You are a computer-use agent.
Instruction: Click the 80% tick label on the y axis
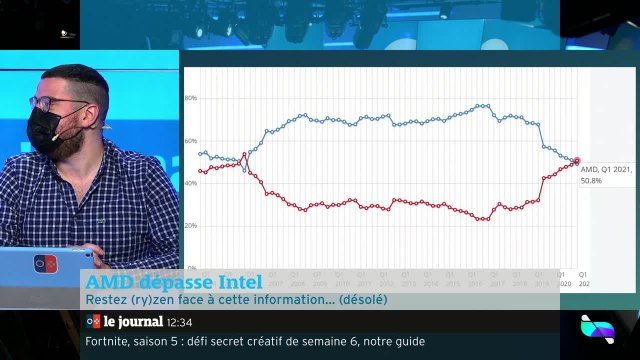191,98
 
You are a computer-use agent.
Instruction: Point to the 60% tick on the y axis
191,141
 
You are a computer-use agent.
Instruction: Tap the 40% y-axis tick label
191,183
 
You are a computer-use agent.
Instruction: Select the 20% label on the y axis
191,226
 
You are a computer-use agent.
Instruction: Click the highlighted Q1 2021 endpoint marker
576,160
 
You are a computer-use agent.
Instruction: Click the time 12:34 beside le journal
179,322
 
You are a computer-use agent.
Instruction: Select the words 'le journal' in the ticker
133,322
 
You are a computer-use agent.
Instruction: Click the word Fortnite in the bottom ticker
106,341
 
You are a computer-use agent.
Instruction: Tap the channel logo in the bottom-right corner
597,329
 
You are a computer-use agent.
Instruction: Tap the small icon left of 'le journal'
93,322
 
